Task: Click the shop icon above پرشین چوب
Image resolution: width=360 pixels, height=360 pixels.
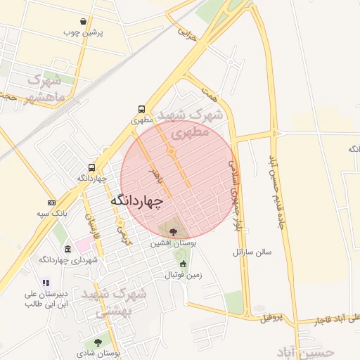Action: coord(84,21)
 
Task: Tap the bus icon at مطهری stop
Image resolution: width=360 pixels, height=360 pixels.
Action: coord(142,110)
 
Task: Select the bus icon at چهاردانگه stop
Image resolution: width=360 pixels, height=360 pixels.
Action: coord(92,167)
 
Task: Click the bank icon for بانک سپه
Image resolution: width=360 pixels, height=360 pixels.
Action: coord(51,202)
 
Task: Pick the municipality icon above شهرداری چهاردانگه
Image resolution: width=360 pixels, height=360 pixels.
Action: coord(67,250)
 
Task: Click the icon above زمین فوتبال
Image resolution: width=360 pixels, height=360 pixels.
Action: coord(184,264)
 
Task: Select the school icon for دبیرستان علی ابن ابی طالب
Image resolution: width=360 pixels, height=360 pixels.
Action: coord(46,283)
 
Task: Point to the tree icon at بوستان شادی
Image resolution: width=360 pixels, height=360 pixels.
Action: coord(98,342)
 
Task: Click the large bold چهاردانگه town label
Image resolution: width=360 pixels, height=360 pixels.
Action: coord(136,201)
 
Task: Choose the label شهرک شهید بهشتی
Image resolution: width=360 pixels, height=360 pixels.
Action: coord(115,302)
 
